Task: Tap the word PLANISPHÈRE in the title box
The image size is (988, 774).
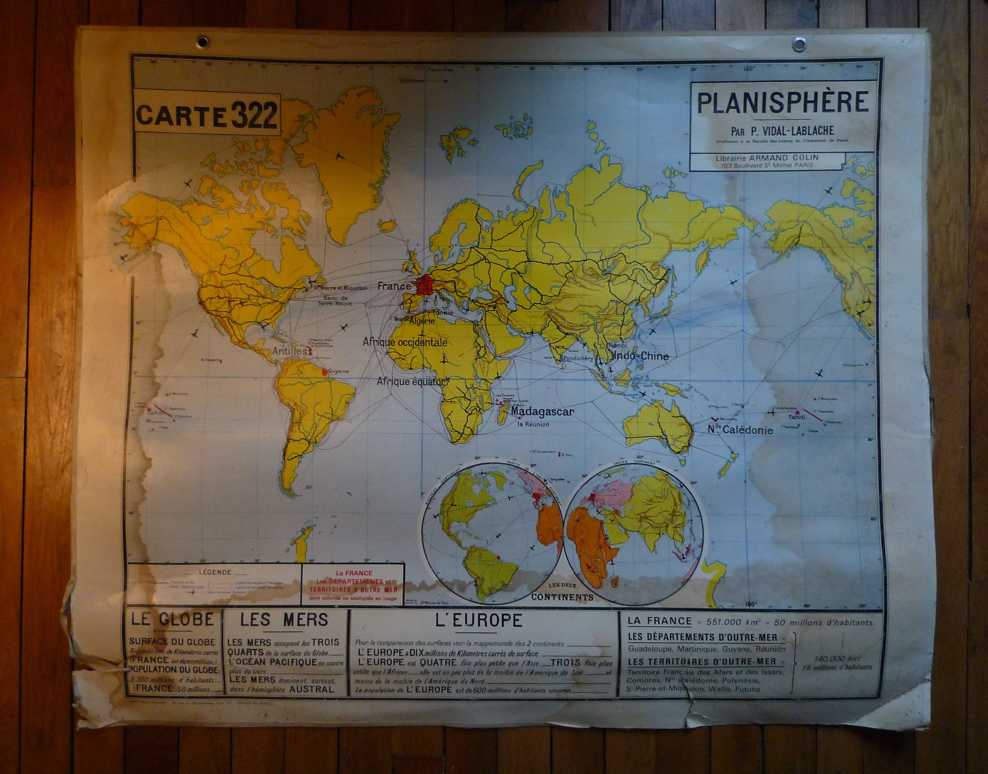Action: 782,102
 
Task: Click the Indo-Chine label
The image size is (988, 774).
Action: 640,356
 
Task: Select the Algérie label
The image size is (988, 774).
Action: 421,321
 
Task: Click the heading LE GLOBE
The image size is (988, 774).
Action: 172,620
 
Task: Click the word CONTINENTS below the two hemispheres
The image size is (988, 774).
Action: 562,597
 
